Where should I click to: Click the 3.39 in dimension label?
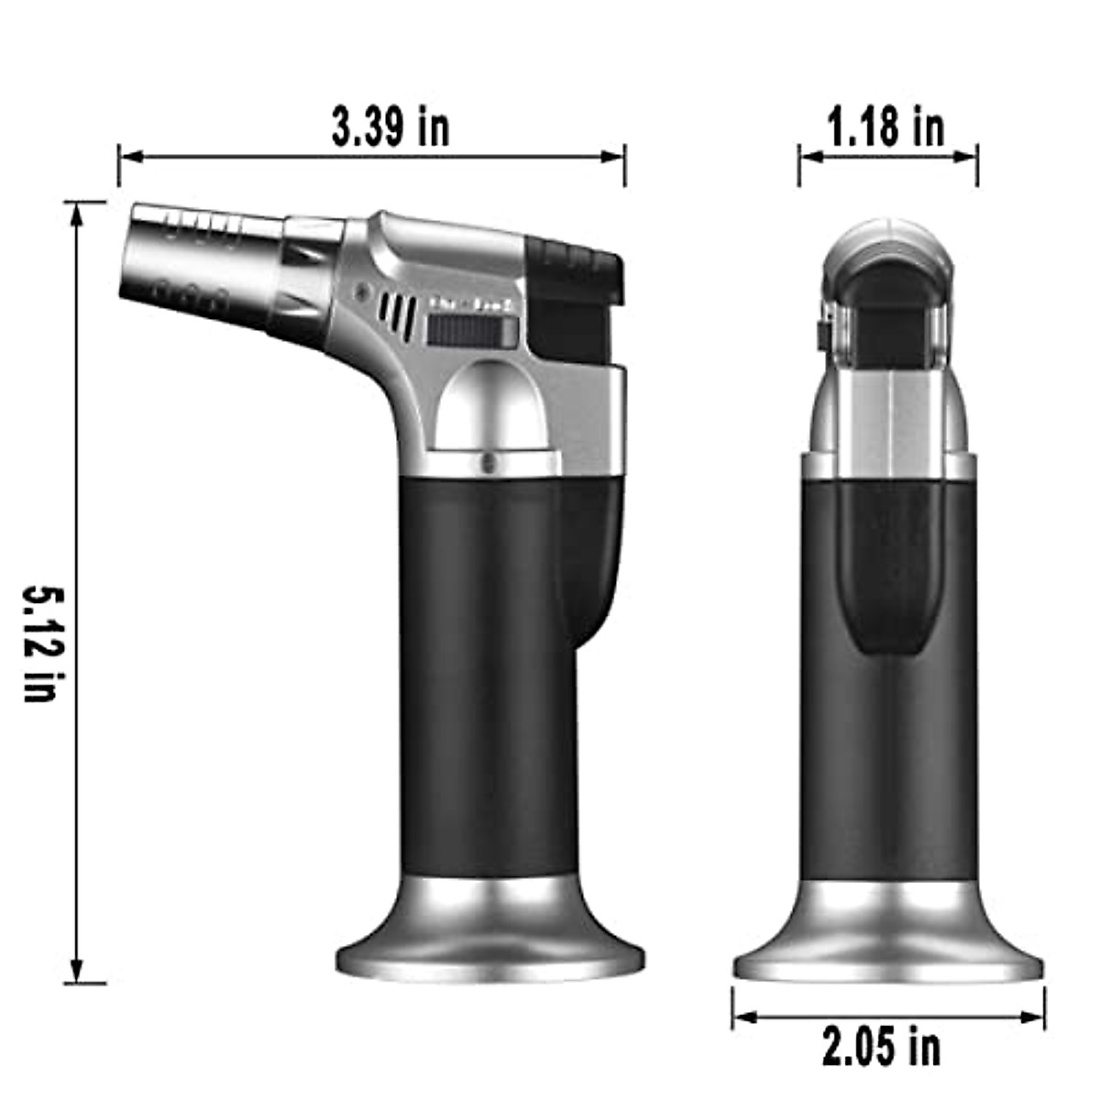pyautogui.click(x=390, y=126)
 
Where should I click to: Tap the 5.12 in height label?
pyautogui.click(x=43, y=643)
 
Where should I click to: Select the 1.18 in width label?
pyautogui.click(x=886, y=126)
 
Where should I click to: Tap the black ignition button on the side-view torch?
pyautogui.click(x=574, y=302)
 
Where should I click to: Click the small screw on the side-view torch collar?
pyautogui.click(x=488, y=462)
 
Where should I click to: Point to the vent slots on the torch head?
pyautogui.click(x=398, y=315)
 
